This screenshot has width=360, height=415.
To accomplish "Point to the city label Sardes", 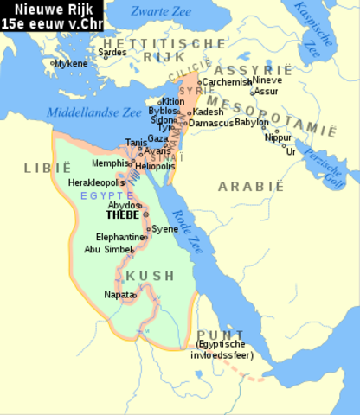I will [112, 52].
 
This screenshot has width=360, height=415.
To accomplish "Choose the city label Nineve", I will [267, 80].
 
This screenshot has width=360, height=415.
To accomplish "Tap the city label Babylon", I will [252, 122].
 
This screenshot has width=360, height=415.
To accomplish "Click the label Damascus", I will [212, 124].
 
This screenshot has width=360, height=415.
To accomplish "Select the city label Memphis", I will [110, 162].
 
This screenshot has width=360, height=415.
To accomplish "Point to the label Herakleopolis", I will [96, 182].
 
